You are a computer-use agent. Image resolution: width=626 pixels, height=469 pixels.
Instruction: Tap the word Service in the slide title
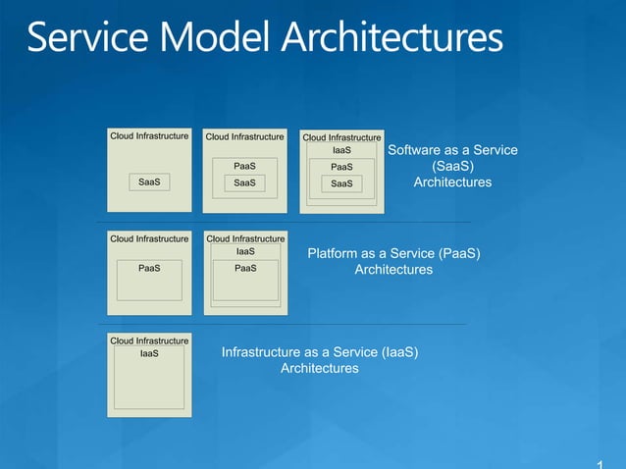[x=82, y=38]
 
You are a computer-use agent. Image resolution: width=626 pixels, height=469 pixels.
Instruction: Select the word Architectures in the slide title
[x=391, y=38]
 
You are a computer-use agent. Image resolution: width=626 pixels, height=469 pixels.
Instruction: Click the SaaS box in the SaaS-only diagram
[x=149, y=182]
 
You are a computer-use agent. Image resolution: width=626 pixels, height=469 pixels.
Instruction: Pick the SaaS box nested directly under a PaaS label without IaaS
[x=244, y=182]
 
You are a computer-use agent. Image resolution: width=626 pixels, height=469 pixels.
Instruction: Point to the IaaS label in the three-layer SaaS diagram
[x=341, y=150]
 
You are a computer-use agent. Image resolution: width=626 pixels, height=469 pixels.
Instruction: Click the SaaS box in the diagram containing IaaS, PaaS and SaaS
[x=341, y=183]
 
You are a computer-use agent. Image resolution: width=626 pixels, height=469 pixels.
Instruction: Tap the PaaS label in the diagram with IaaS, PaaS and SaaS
[x=341, y=167]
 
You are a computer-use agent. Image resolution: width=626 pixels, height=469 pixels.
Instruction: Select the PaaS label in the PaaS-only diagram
[x=149, y=267]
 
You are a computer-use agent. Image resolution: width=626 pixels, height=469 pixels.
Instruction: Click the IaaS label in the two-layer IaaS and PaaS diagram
[x=245, y=252]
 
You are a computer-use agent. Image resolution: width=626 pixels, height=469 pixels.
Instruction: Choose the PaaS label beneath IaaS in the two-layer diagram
[x=245, y=267]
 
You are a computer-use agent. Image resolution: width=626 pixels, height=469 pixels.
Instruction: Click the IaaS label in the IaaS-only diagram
[x=149, y=354]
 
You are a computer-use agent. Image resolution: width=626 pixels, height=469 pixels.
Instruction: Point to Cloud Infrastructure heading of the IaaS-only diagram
[x=149, y=340]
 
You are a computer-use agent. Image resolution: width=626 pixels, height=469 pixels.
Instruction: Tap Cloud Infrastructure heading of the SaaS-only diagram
[x=149, y=136]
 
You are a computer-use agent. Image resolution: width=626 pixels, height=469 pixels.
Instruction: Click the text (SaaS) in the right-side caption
[x=452, y=167]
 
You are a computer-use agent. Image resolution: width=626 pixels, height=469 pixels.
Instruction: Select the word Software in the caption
[x=415, y=150]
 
